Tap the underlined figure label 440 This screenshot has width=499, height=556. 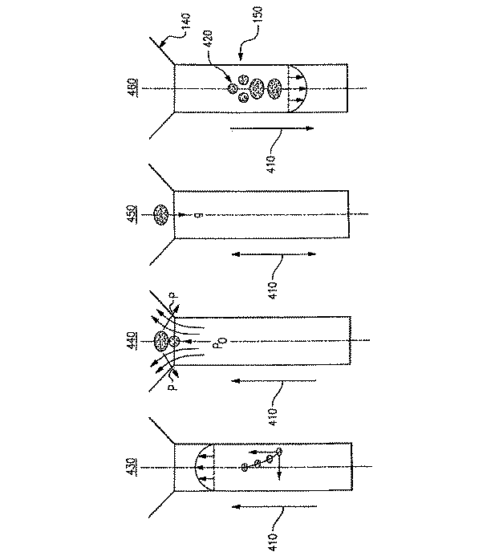132,341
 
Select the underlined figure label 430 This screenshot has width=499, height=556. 132,467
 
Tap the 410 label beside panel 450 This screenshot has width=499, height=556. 273,288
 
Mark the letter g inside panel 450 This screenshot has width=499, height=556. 197,215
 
